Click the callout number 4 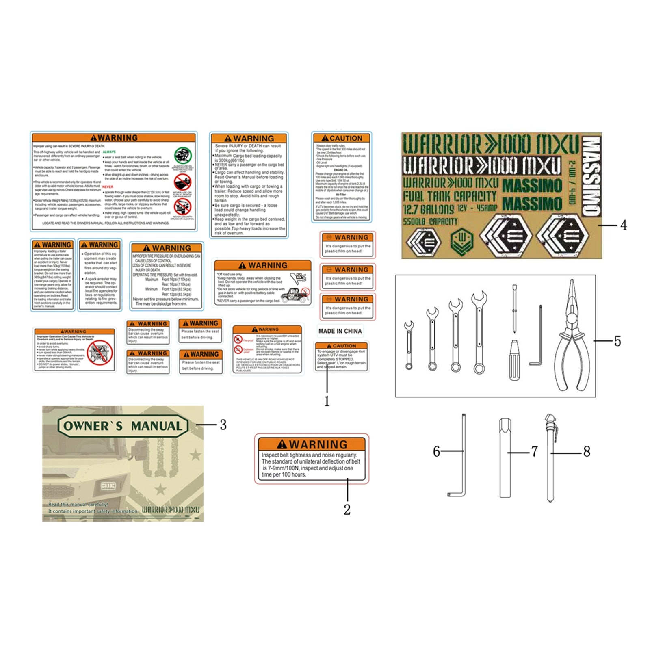pos(624,225)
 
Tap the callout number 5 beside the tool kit pos(617,341)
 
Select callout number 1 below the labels pos(327,401)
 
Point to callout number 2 pos(347,510)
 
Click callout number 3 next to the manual pos(223,425)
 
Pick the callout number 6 pos(436,451)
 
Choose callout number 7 pos(535,451)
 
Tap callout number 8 pos(587,451)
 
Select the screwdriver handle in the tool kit pos(514,361)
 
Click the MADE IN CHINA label pos(340,331)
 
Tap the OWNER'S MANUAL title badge pos(123,426)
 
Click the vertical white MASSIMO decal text pos(591,175)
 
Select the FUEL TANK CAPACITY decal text pos(450,196)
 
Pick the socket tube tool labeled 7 pos(505,458)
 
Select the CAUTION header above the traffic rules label pos(342,138)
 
